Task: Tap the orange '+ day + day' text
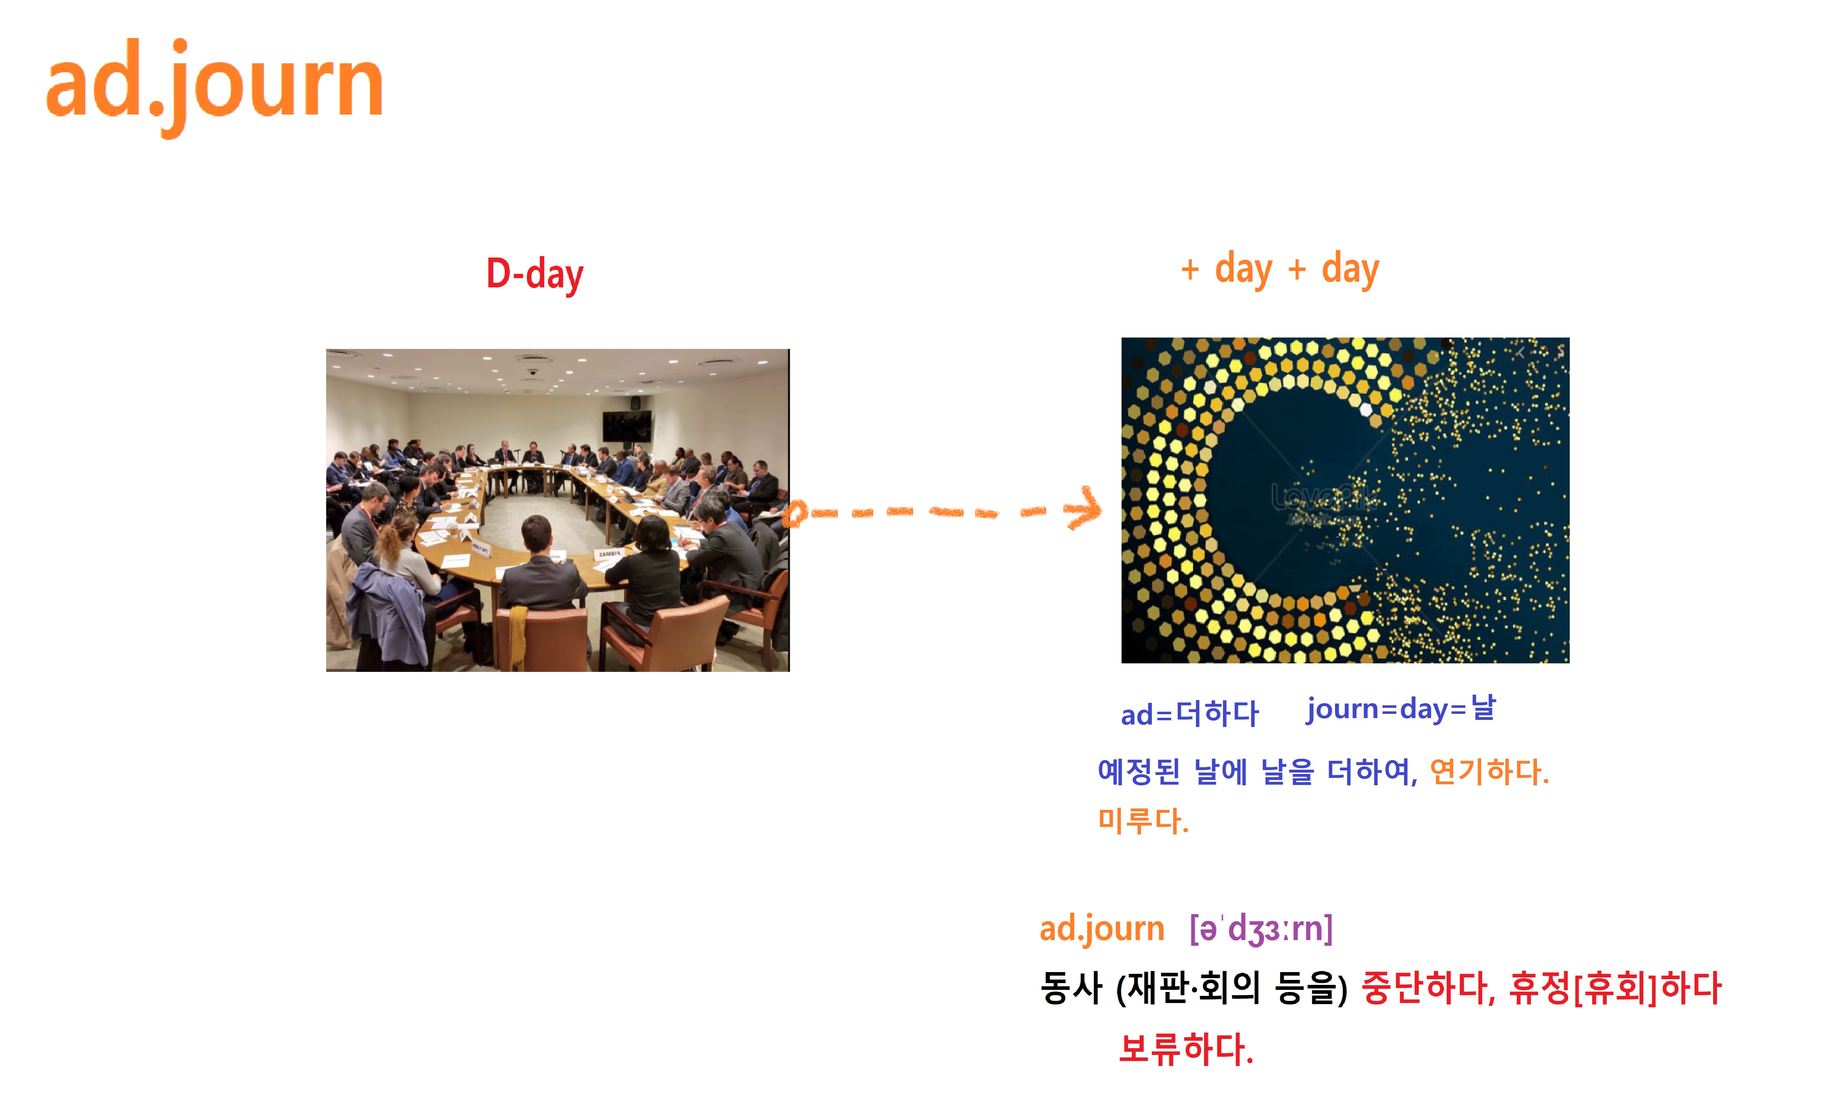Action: pos(1280,269)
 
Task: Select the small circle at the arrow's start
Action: pos(795,513)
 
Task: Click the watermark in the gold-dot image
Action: pos(1323,501)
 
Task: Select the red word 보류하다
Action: pos(1186,1049)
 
